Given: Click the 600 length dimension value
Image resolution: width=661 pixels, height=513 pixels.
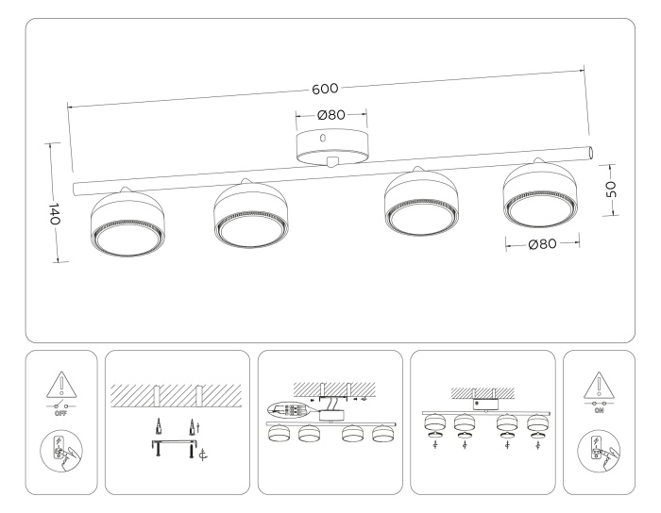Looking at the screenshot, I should click(x=326, y=89).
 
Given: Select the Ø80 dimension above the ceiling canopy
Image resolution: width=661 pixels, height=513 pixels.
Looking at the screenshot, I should click(x=330, y=115).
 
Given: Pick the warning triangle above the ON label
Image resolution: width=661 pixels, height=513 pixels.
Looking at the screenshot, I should click(x=599, y=384).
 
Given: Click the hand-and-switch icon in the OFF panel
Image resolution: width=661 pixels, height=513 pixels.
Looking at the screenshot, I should click(x=61, y=451).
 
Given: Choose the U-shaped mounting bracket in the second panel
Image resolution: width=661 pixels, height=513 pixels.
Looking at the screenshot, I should click(x=174, y=446).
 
